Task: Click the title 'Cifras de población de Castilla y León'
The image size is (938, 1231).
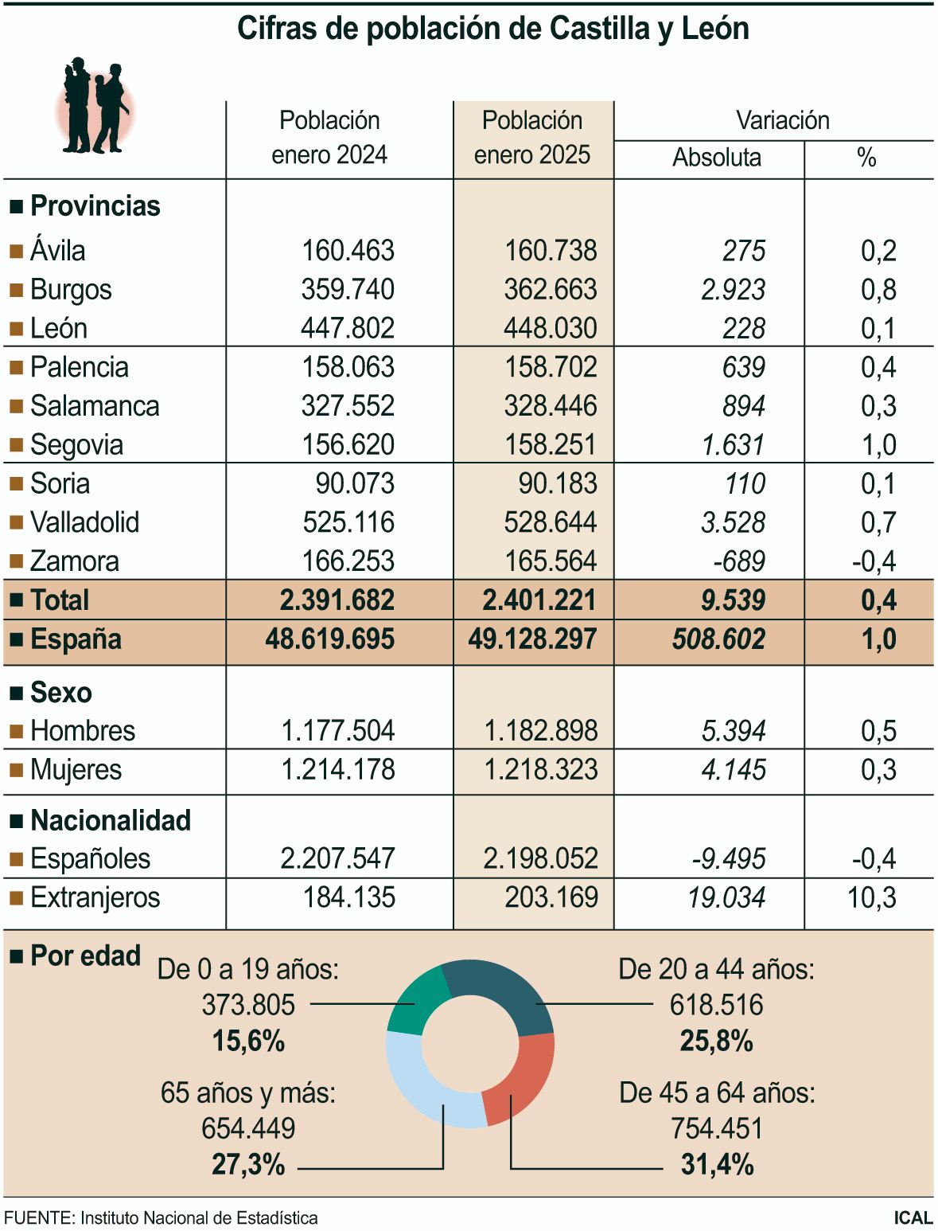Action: pyautogui.click(x=492, y=29)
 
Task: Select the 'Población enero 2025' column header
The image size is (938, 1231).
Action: pyautogui.click(x=532, y=137)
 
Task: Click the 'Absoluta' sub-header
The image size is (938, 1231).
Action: pyautogui.click(x=716, y=158)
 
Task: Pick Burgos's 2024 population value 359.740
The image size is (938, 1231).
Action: pyautogui.click(x=348, y=289)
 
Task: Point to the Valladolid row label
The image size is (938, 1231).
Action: pyautogui.click(x=84, y=522)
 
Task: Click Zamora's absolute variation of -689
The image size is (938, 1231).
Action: pyautogui.click(x=739, y=561)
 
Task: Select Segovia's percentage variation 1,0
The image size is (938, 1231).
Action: pyautogui.click(x=878, y=445)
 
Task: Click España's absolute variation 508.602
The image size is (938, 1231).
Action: pyautogui.click(x=718, y=639)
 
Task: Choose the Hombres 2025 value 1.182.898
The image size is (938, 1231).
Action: pyautogui.click(x=540, y=731)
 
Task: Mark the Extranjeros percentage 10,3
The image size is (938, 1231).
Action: pyautogui.click(x=871, y=897)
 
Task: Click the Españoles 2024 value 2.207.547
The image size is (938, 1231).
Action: pyautogui.click(x=337, y=858)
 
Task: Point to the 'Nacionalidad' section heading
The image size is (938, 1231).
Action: pyautogui.click(x=111, y=820)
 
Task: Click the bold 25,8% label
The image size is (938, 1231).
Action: pyautogui.click(x=716, y=1041)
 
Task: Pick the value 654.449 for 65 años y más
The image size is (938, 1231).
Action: pyautogui.click(x=248, y=1128)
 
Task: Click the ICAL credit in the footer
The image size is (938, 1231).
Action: pyautogui.click(x=913, y=1217)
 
